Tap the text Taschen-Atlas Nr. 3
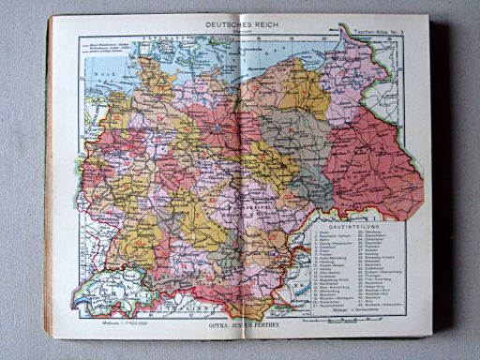pyautogui.click(x=371, y=32)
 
